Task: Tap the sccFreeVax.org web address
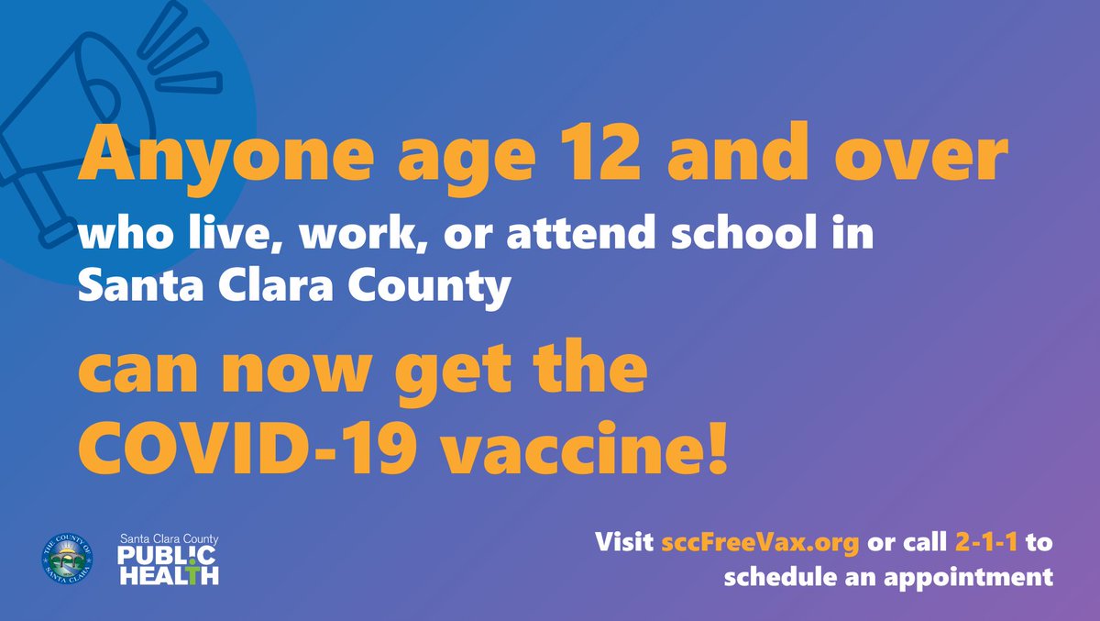[x=760, y=542]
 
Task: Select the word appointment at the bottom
[x=957, y=577]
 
